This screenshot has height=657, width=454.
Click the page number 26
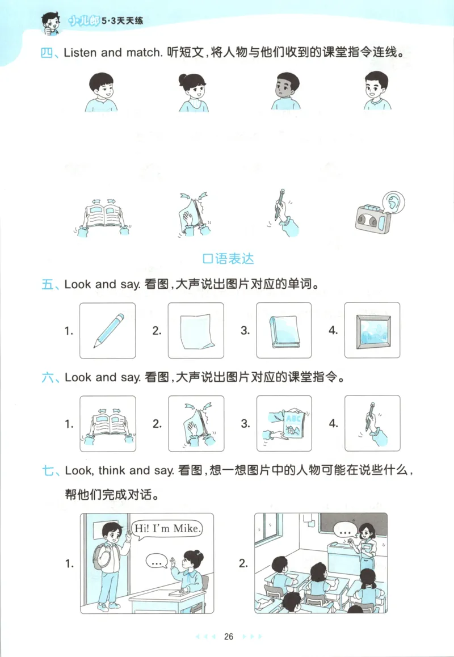(x=229, y=636)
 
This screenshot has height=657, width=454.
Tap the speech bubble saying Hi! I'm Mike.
(x=167, y=529)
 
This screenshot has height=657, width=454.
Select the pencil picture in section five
(x=107, y=330)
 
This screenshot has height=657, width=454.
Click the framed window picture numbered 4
(x=372, y=330)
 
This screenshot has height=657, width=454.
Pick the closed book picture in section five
(x=284, y=330)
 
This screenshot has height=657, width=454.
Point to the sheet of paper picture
(x=196, y=330)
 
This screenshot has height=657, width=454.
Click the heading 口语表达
(x=228, y=259)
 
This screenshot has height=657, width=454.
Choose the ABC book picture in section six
(x=284, y=423)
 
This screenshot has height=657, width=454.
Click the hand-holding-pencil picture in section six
(x=372, y=423)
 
